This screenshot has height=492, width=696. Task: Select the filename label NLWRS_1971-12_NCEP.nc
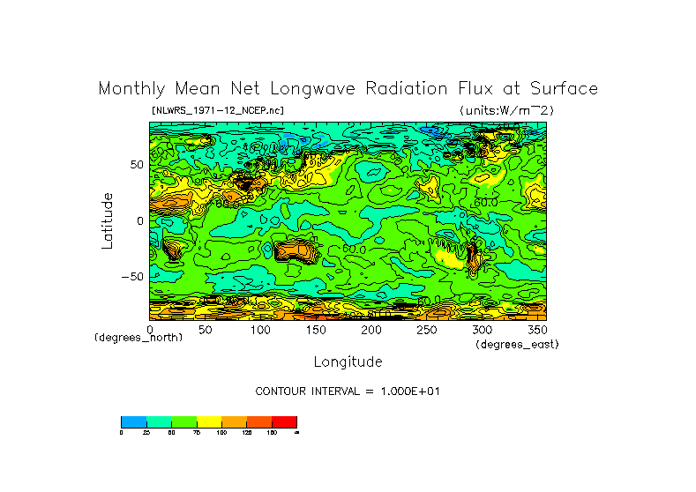[218, 110]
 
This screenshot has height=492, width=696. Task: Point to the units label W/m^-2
[506, 110]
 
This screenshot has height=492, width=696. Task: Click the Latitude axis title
[108, 220]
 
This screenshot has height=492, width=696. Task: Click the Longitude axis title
[348, 362]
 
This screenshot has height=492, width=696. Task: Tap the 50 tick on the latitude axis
[137, 165]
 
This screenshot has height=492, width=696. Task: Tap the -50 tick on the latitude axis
[133, 276]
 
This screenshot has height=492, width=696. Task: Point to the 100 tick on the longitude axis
[261, 330]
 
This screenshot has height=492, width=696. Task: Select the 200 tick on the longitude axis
[372, 330]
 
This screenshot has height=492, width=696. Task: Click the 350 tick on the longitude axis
[537, 330]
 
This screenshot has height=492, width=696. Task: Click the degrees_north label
[138, 338]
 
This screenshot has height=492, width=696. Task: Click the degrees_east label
[517, 345]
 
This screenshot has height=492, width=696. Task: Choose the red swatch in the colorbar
[286, 421]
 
